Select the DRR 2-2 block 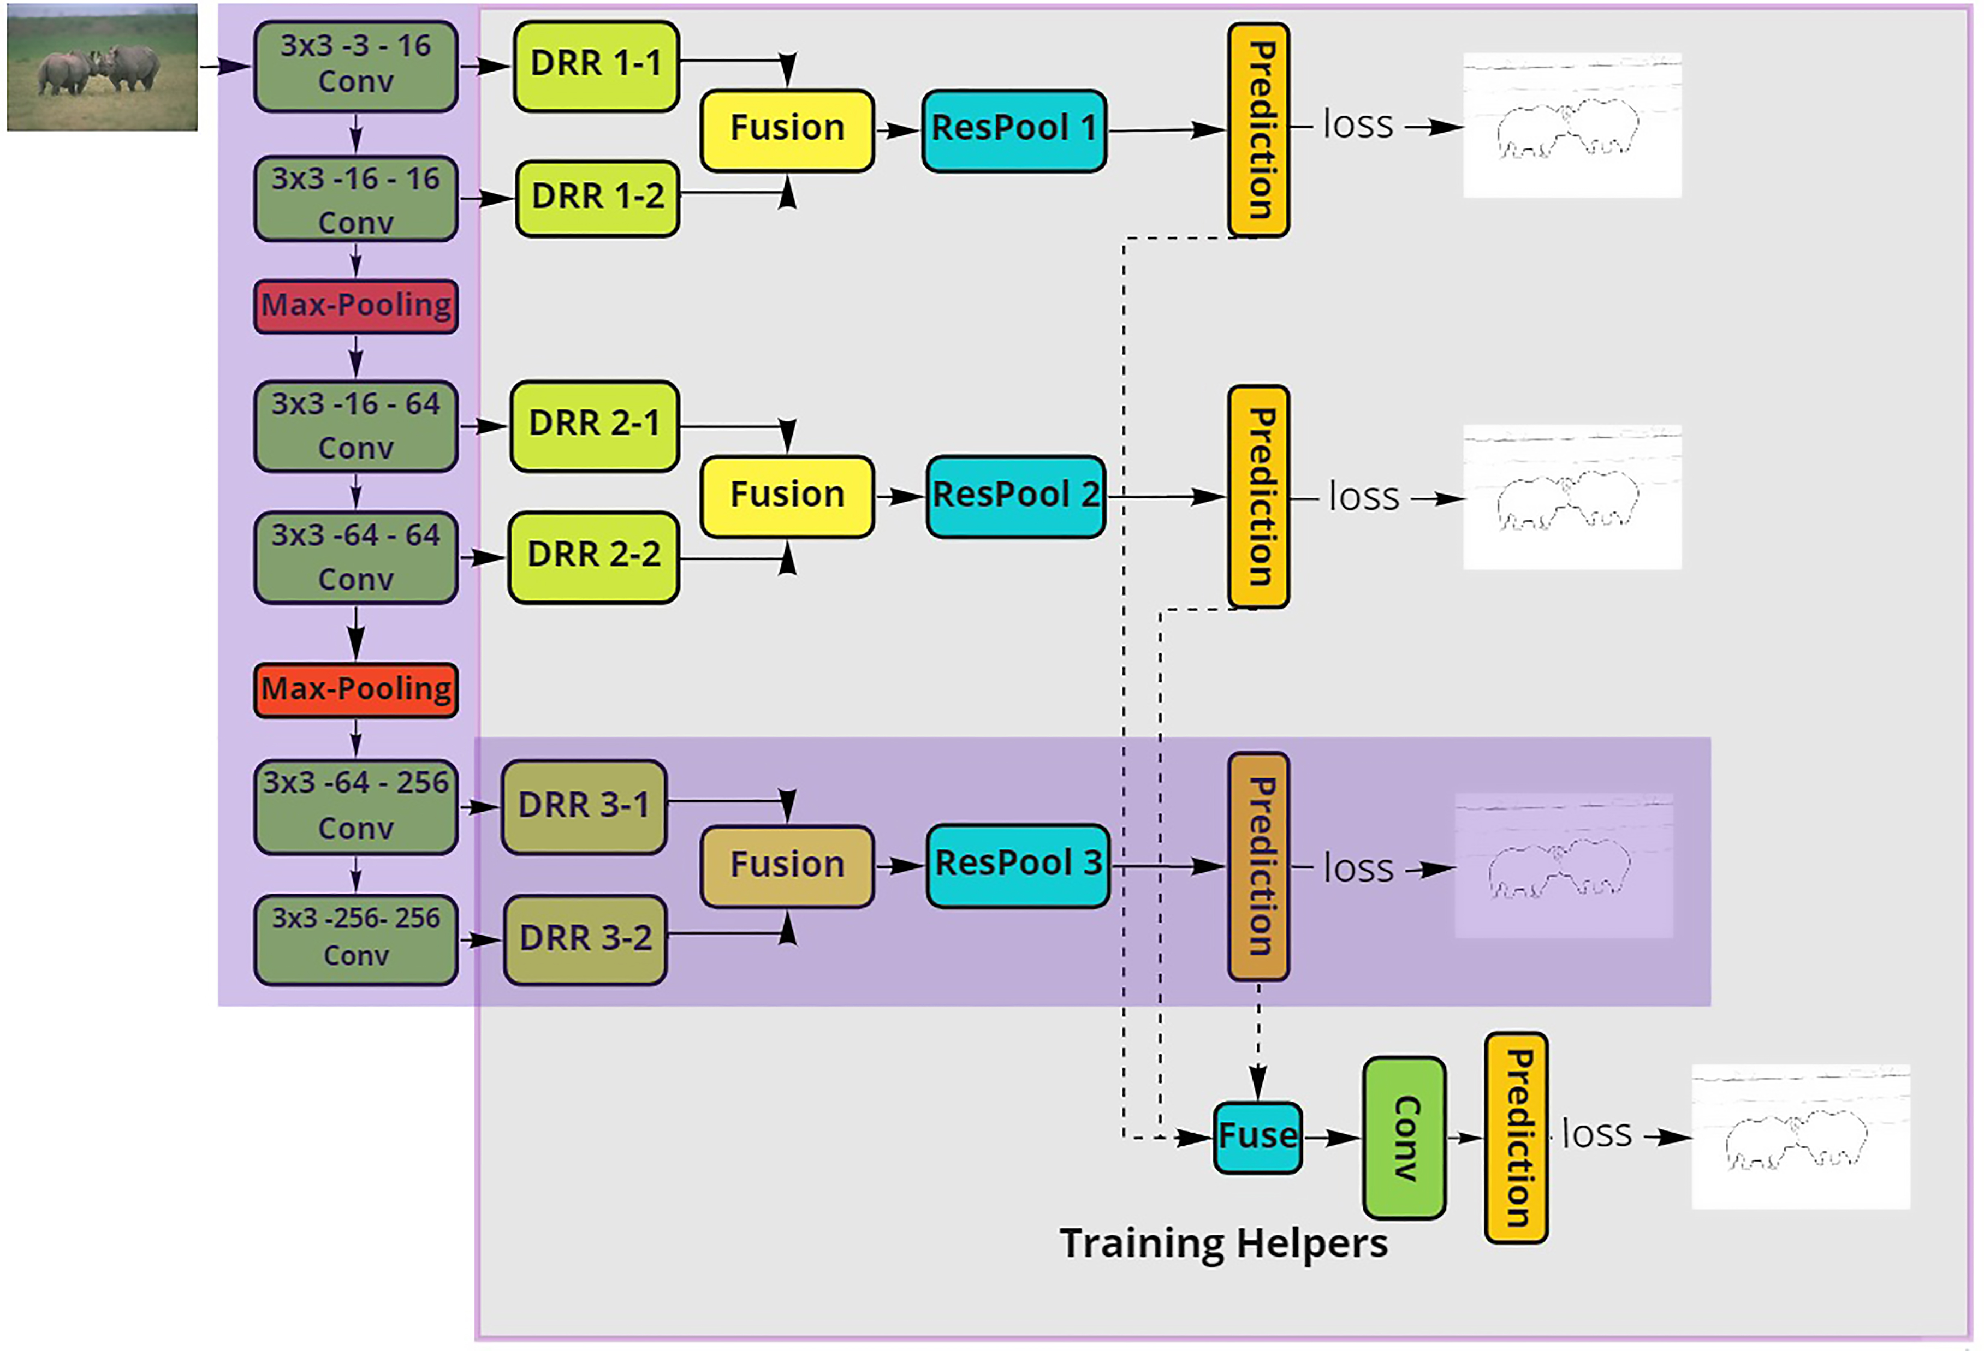(x=593, y=557)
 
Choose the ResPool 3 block (x=1018, y=865)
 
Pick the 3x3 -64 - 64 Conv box (x=355, y=557)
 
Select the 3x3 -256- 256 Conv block (x=355, y=939)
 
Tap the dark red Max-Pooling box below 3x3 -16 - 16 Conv (x=355, y=306)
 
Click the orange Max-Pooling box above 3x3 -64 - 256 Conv (x=355, y=689)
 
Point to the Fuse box (x=1257, y=1138)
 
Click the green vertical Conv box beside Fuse (x=1404, y=1138)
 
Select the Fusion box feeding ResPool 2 (x=787, y=497)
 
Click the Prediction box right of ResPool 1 (x=1258, y=130)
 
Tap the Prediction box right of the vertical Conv (x=1516, y=1138)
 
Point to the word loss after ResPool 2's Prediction (x=1363, y=497)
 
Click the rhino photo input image (x=103, y=68)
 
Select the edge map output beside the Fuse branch (x=1801, y=1137)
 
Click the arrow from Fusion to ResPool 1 (x=898, y=130)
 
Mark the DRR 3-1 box (x=584, y=806)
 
